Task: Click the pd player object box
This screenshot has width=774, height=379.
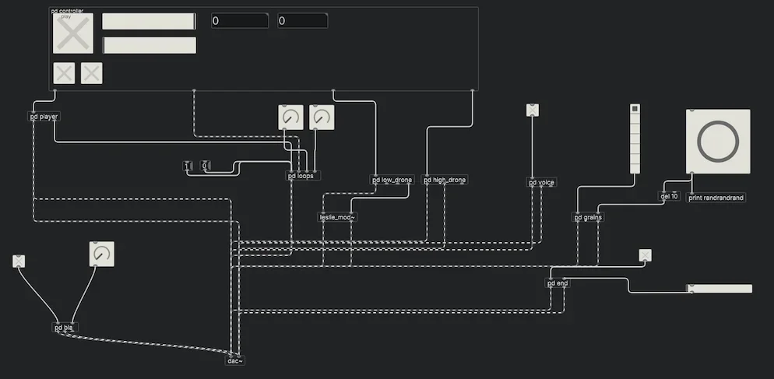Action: pyautogui.click(x=44, y=117)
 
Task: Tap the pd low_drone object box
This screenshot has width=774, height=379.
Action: pyautogui.click(x=392, y=180)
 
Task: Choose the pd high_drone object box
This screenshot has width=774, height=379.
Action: pyautogui.click(x=445, y=180)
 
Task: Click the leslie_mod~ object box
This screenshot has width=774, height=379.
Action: pyautogui.click(x=337, y=217)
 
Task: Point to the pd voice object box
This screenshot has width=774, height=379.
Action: pyautogui.click(x=542, y=183)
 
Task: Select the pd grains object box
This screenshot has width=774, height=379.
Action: pyautogui.click(x=588, y=217)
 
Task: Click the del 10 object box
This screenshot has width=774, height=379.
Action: pyautogui.click(x=669, y=196)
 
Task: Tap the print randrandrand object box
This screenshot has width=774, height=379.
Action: pyautogui.click(x=716, y=198)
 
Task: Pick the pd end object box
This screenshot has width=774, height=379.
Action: pyautogui.click(x=558, y=283)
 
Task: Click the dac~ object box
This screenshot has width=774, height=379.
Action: pyautogui.click(x=235, y=360)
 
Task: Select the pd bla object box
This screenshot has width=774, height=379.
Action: pyautogui.click(x=65, y=328)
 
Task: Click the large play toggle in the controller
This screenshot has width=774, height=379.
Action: pyautogui.click(x=72, y=34)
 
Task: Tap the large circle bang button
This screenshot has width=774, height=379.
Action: pyautogui.click(x=718, y=141)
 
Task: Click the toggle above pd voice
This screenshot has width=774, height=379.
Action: pyautogui.click(x=533, y=111)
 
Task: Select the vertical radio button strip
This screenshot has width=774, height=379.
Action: pyautogui.click(x=635, y=139)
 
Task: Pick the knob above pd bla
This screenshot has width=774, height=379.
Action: pyautogui.click(x=101, y=254)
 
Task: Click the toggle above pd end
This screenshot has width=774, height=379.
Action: pyautogui.click(x=645, y=255)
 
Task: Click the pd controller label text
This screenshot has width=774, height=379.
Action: pyautogui.click(x=67, y=11)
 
